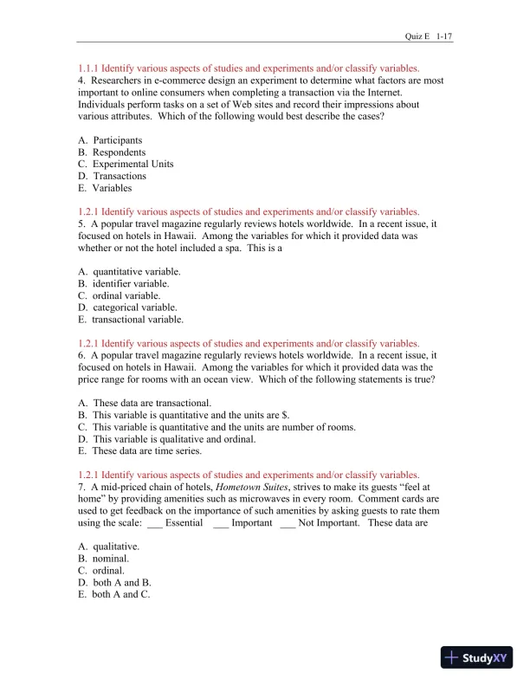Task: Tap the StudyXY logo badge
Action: pyautogui.click(x=476, y=657)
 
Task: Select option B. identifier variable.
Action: pyautogui.click(x=123, y=283)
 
